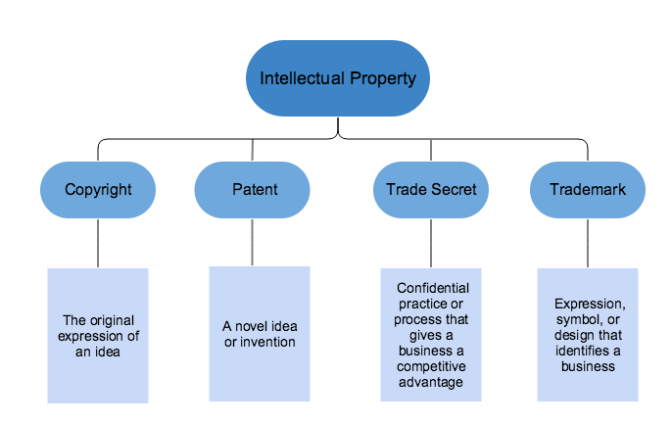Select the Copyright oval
[x=97, y=190]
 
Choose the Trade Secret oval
[x=431, y=190]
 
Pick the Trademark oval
[x=588, y=190]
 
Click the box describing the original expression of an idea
[x=98, y=336]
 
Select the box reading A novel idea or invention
[x=259, y=333]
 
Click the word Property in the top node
[x=386, y=77]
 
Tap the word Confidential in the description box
[x=432, y=288]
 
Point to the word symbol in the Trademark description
[x=581, y=319]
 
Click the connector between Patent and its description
[x=253, y=242]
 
